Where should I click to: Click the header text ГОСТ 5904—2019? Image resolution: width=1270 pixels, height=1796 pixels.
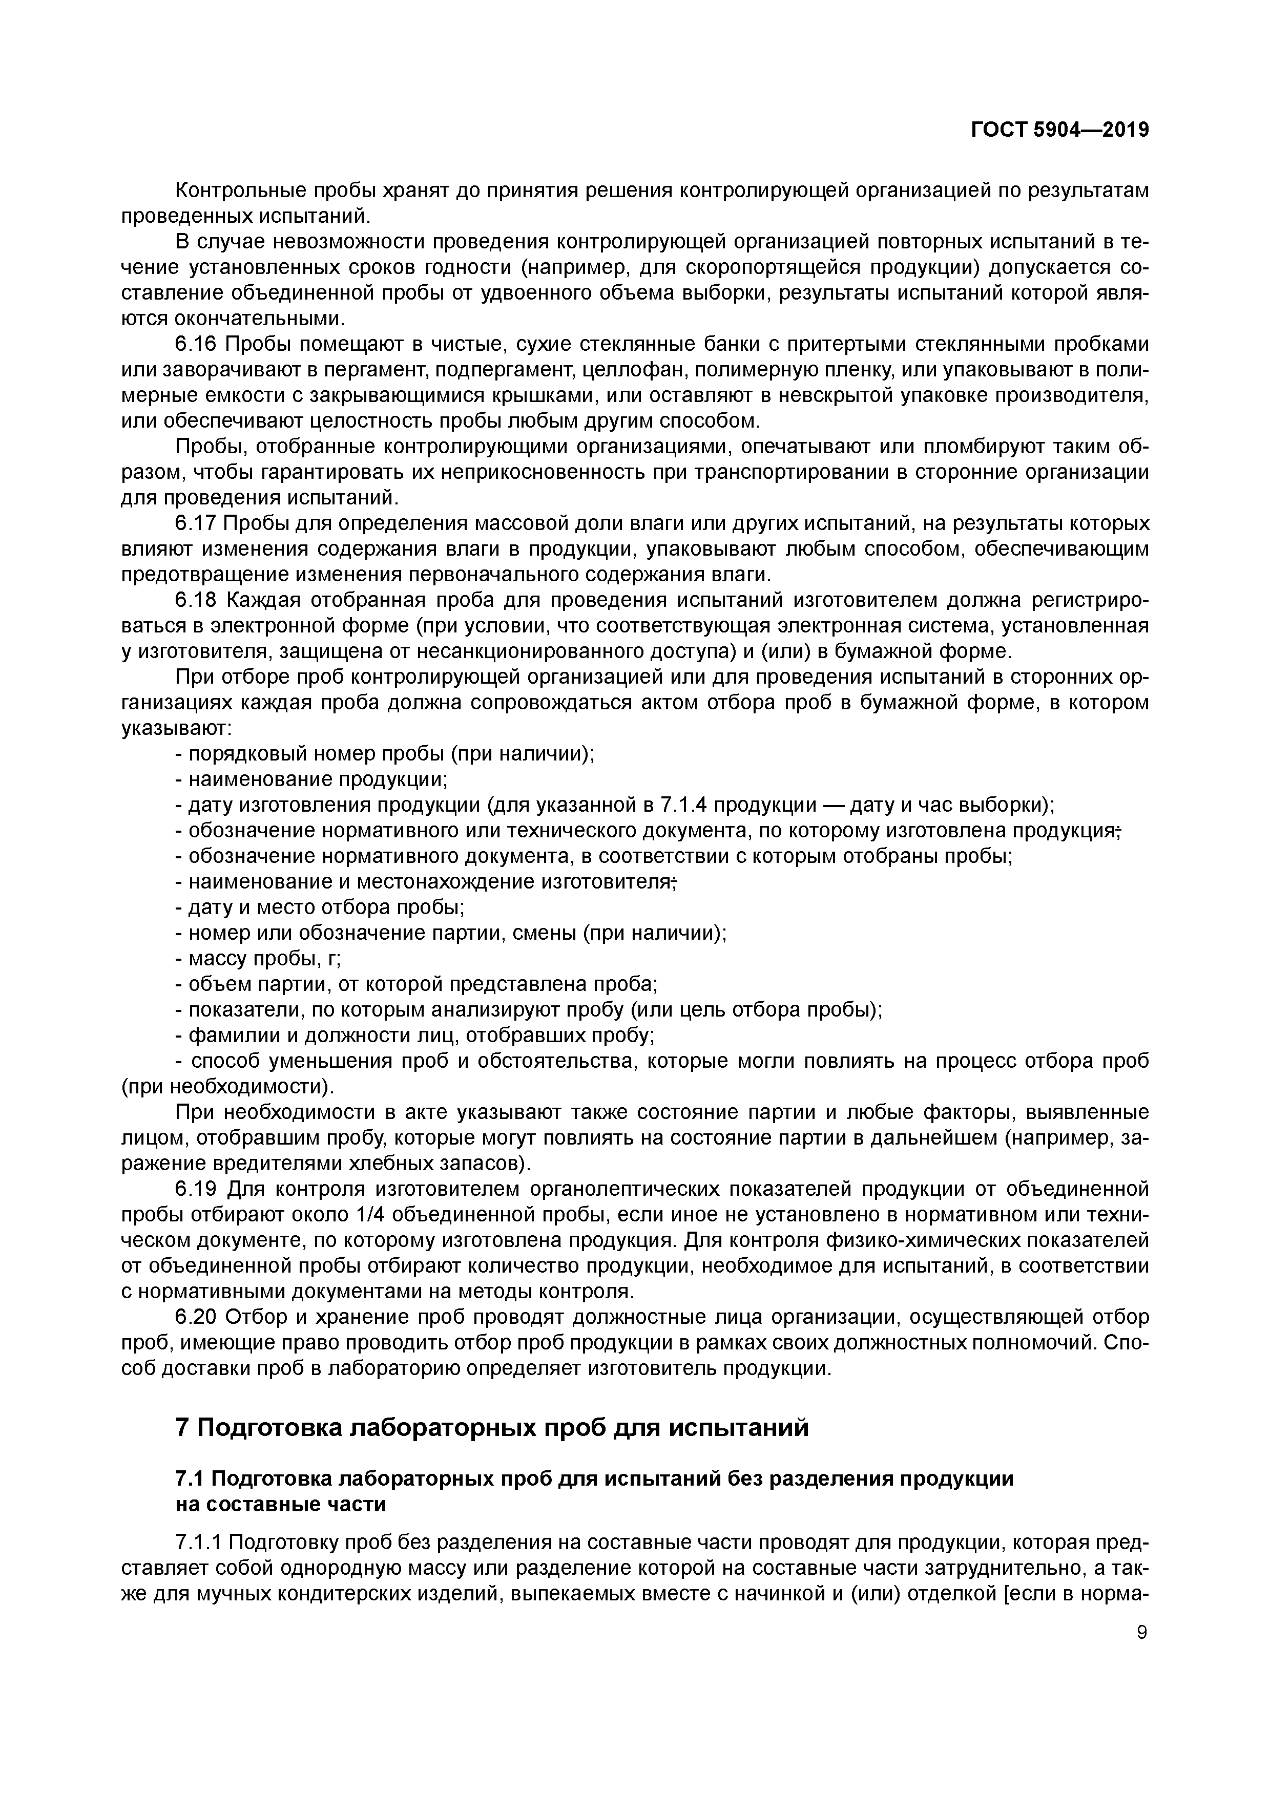[x=1059, y=130]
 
